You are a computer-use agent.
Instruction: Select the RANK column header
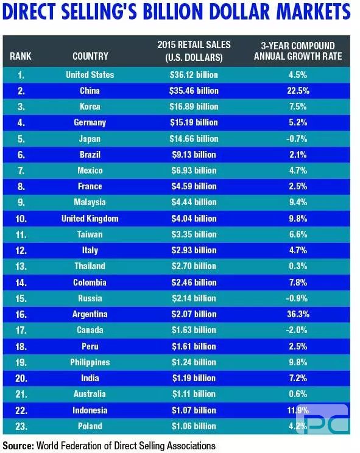pos(21,56)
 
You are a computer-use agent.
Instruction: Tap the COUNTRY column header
pos(90,56)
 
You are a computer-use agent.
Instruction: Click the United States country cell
pos(90,75)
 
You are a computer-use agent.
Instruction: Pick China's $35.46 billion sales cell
pos(194,91)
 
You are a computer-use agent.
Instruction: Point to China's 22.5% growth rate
pos(298,91)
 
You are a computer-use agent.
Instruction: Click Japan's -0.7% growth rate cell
pos(297,139)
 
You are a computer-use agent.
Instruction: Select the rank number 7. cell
pos(21,170)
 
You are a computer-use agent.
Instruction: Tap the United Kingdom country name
pos(90,219)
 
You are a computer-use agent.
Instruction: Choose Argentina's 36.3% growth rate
pos(298,314)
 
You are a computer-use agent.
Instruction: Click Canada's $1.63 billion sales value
pos(194,330)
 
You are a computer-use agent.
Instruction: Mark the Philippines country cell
pos(90,362)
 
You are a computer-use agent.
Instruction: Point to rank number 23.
pos(21,426)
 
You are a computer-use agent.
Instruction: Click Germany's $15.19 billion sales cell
pos(194,122)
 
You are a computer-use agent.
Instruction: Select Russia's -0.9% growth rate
pos(297,298)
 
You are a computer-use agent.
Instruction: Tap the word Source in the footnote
pos(18,445)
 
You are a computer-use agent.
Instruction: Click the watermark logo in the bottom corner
pos(322,419)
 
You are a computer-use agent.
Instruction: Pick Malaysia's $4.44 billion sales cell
pos(194,202)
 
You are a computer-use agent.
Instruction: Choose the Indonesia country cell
pos(90,410)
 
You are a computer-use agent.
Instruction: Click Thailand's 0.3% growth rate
pos(298,266)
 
